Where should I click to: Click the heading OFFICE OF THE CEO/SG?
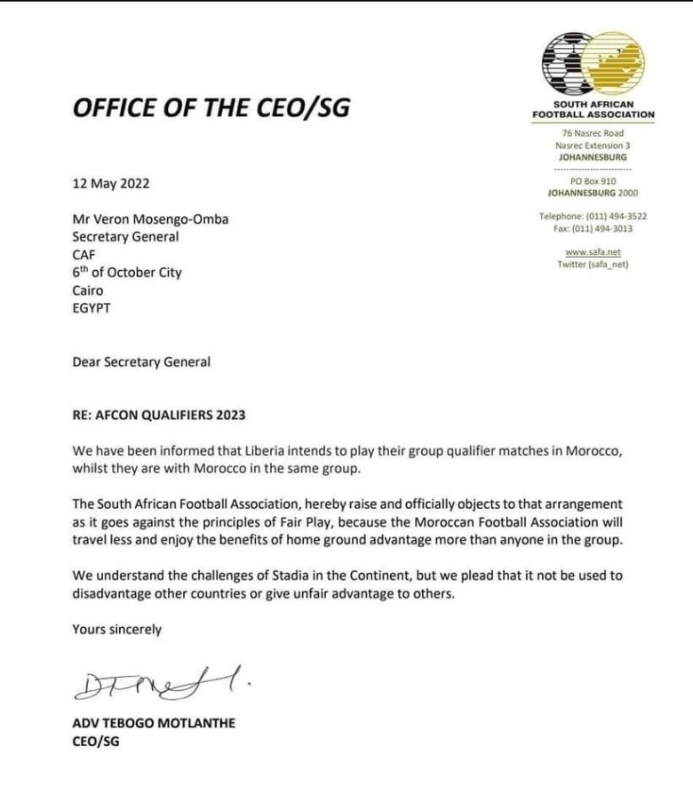pos(211,107)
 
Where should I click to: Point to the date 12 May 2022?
pos(111,184)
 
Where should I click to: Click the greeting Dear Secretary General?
pos(142,361)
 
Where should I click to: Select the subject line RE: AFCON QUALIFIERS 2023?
pos(161,415)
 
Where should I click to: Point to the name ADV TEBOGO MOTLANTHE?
pos(153,723)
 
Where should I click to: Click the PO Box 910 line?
pos(593,181)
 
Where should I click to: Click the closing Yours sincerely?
pos(117,629)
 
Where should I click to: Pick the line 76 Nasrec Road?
pos(593,133)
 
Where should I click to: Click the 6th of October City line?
pos(126,273)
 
